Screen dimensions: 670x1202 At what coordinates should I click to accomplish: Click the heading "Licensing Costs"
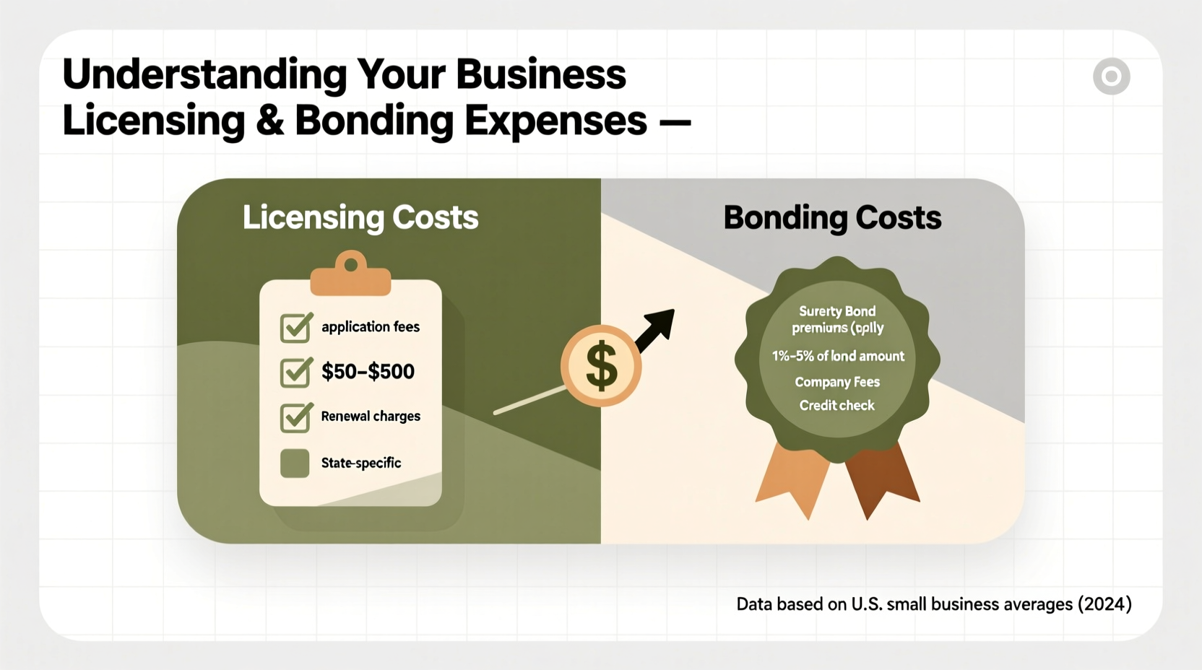[x=360, y=217]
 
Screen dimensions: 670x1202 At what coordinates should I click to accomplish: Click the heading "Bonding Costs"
[x=832, y=217]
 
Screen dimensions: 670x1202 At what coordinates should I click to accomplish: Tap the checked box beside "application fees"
[x=295, y=327]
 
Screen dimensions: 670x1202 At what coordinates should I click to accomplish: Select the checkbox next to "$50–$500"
[x=295, y=373]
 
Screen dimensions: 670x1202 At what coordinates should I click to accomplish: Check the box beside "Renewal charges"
[x=295, y=417]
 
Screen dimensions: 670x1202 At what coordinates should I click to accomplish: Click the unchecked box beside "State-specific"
[x=295, y=464]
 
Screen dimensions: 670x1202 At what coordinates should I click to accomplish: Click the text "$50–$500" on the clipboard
[x=368, y=372]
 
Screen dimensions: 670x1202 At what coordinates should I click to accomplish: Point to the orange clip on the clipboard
[x=350, y=275]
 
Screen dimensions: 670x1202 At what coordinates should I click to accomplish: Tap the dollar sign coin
[x=601, y=365]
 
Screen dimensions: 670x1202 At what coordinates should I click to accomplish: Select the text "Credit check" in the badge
[x=836, y=406]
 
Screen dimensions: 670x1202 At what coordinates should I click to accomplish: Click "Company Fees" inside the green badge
[x=837, y=382]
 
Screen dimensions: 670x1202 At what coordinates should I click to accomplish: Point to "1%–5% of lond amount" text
[x=838, y=356]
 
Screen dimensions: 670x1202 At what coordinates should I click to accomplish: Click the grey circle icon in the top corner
[x=1111, y=77]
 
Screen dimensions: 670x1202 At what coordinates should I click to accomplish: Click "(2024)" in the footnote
[x=1104, y=604]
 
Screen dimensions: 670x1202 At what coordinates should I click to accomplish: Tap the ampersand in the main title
[x=269, y=121]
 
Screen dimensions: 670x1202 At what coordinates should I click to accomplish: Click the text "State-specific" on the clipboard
[x=361, y=463]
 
